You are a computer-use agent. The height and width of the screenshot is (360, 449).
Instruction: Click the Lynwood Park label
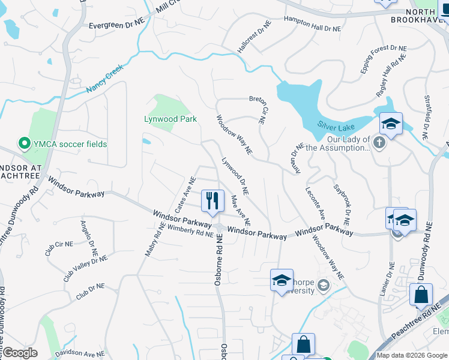click(170, 119)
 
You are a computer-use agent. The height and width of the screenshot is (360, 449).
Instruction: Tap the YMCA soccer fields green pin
click(25, 143)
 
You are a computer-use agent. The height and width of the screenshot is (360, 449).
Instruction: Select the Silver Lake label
click(336, 127)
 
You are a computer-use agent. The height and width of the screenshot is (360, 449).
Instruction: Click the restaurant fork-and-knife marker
click(212, 201)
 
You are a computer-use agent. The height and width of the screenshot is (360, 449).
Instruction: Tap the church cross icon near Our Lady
click(378, 143)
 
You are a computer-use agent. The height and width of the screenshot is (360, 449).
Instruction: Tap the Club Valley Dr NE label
click(86, 268)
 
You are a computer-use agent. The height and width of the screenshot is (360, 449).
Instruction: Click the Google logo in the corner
click(20, 353)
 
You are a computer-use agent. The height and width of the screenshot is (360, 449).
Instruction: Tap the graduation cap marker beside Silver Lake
click(391, 124)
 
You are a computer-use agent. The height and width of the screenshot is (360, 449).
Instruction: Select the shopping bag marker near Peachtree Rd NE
click(421, 295)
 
